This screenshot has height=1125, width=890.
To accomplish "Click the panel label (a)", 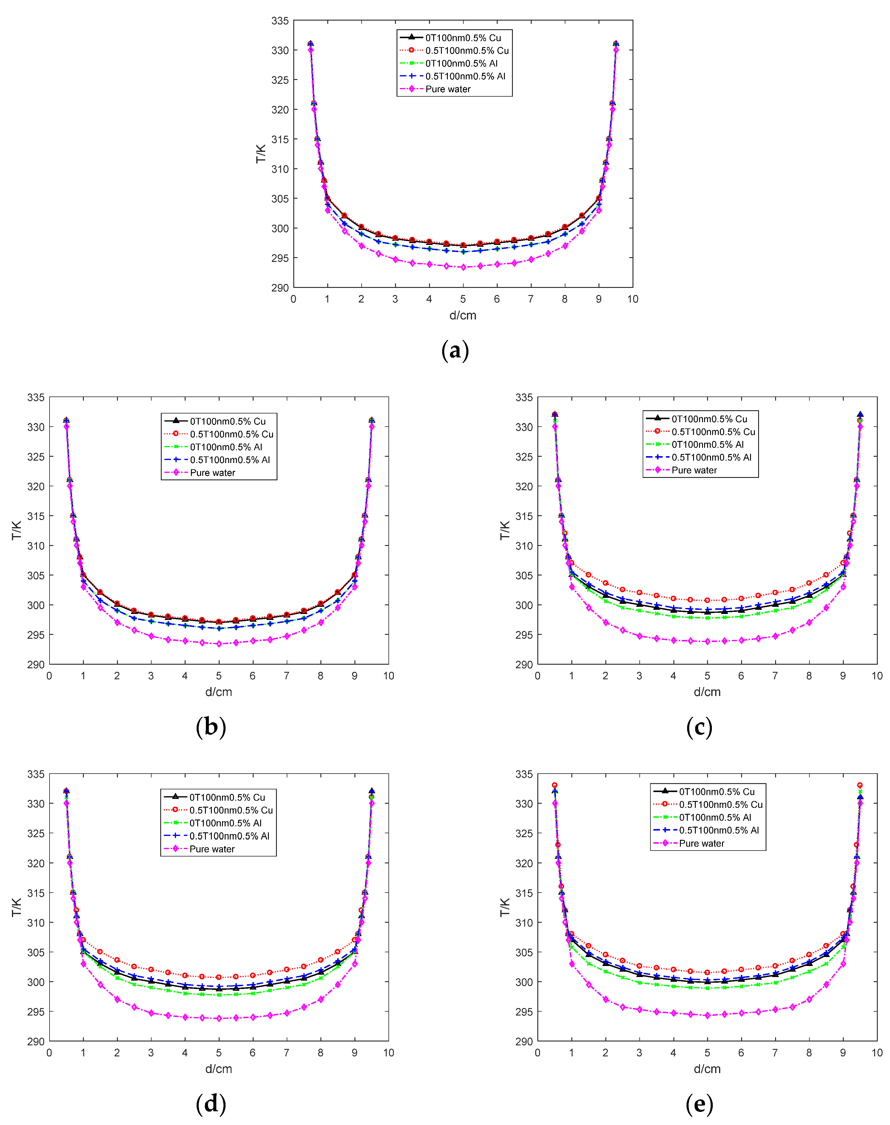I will (455, 350).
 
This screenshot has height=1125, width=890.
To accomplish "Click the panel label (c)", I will (699, 727).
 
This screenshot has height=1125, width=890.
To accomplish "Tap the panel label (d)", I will (211, 1104).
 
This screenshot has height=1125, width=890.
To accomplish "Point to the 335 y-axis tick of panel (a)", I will (280, 21).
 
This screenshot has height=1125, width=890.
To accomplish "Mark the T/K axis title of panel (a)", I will (260, 154).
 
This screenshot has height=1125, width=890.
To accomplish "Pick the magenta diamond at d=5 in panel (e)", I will (707, 1016).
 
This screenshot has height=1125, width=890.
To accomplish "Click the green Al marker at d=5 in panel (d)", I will (219, 995).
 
